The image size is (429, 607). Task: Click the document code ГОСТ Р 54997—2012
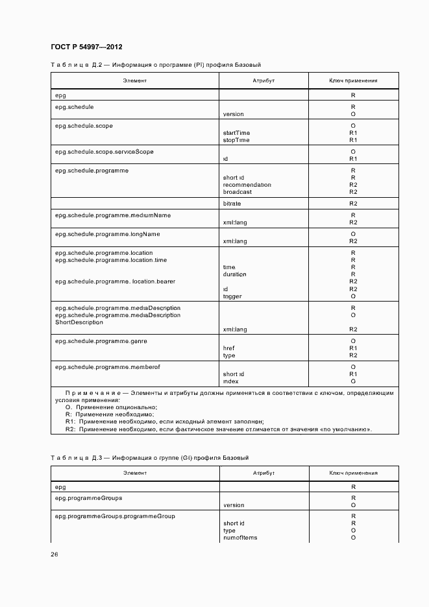coord(86,47)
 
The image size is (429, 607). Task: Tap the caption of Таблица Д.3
coord(149,458)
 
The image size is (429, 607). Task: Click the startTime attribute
coord(236,133)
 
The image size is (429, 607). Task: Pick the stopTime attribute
coord(236,140)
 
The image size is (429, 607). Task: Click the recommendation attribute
coord(247,185)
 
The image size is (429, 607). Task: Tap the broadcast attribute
coord(237,192)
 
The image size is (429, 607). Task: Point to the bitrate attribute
coord(232,204)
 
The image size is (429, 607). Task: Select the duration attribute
coord(234,274)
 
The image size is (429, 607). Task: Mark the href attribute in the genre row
coord(228,348)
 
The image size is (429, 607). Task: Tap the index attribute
coord(230,381)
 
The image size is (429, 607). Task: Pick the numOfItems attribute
coord(239,538)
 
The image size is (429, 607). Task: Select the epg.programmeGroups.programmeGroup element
coord(115,516)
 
